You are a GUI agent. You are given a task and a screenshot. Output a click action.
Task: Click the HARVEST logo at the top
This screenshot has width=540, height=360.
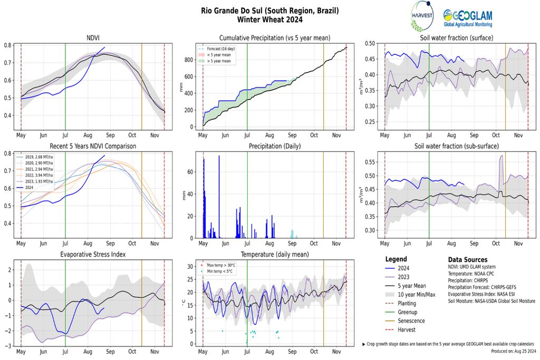tap(422, 16)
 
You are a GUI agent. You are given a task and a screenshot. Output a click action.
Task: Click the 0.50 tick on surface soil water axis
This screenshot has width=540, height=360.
tap(370, 44)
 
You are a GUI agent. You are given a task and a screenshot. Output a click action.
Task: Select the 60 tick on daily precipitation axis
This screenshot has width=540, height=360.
tap(192, 172)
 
